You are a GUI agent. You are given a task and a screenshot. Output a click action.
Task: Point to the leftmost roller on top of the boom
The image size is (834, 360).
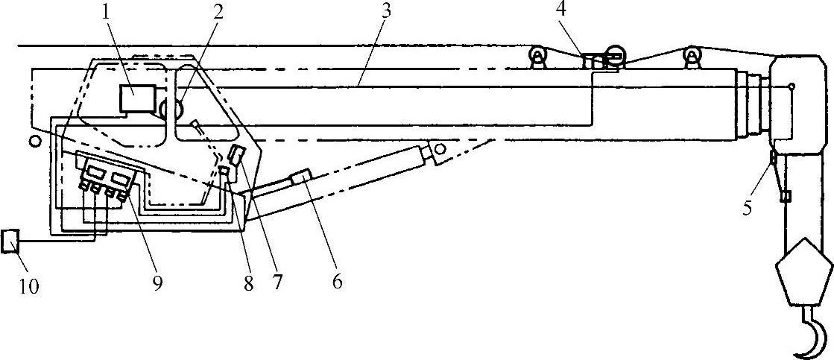click(x=536, y=57)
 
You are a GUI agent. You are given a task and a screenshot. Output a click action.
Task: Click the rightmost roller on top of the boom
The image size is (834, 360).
click(x=692, y=57)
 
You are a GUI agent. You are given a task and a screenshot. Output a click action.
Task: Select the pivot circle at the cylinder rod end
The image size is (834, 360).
click(x=440, y=150)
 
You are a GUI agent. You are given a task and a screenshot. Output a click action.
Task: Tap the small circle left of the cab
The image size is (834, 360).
click(x=34, y=139)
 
